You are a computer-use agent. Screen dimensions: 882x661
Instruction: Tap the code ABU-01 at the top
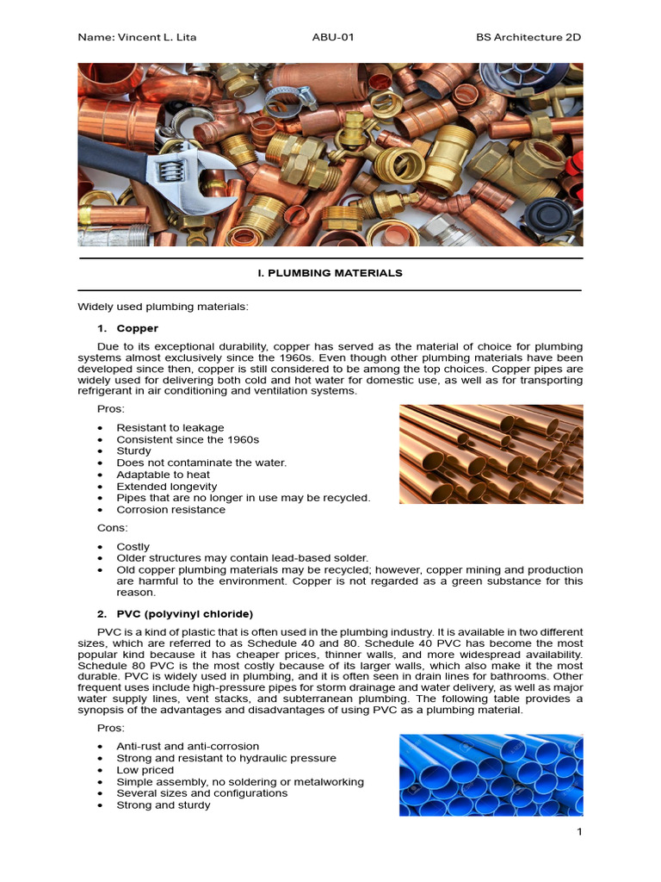click(333, 37)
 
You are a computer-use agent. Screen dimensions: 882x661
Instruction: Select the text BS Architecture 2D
click(528, 37)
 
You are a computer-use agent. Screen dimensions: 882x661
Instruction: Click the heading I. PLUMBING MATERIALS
click(330, 273)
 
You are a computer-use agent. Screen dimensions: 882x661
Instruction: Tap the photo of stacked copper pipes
click(491, 455)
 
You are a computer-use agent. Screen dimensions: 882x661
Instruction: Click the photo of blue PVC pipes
click(491, 774)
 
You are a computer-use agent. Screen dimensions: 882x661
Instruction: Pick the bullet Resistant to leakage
click(170, 427)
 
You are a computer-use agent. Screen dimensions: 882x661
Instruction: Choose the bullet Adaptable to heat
click(163, 475)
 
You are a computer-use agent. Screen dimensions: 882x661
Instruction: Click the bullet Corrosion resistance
click(170, 509)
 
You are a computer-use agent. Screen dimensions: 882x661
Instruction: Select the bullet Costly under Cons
click(133, 547)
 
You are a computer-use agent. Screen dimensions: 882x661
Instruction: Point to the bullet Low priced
click(145, 770)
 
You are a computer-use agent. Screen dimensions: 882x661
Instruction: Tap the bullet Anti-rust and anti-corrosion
click(188, 746)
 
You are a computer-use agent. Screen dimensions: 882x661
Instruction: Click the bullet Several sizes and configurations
click(201, 793)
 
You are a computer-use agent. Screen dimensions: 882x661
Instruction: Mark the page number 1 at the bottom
click(579, 832)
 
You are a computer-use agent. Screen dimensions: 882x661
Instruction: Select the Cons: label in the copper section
click(114, 526)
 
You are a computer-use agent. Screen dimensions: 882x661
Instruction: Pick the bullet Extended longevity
click(166, 487)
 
